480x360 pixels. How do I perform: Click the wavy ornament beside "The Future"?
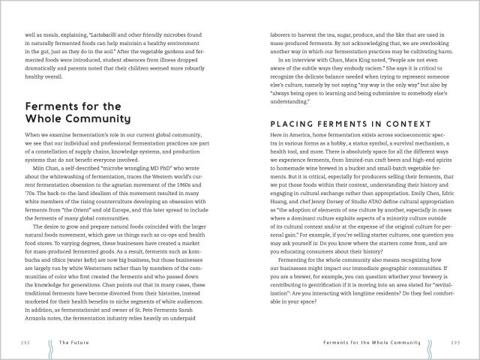click(x=50, y=340)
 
